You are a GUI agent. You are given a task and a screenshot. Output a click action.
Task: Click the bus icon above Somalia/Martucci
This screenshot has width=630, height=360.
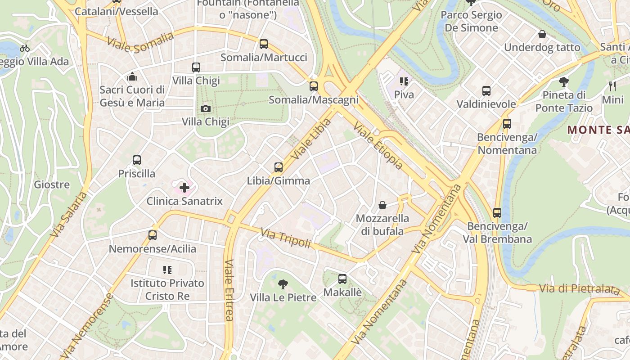click(264, 44)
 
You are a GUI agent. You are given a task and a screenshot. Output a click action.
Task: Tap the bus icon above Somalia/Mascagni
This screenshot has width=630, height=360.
click(314, 86)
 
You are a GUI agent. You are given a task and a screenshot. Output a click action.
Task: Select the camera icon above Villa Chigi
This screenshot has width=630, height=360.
click(205, 108)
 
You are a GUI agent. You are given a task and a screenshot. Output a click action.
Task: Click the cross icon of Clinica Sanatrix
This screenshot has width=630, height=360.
click(184, 187)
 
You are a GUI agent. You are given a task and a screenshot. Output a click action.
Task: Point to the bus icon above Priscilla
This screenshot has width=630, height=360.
click(137, 160)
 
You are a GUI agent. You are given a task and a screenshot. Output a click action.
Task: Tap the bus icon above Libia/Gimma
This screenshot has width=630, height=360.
click(279, 167)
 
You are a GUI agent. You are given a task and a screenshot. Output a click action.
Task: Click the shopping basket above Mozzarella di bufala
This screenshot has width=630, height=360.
click(382, 205)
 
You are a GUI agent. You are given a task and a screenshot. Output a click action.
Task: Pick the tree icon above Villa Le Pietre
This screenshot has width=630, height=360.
click(283, 284)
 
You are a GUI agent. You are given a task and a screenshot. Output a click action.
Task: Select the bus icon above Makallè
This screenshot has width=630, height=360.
click(342, 279)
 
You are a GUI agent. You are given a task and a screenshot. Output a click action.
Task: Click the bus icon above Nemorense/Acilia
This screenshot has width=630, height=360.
click(153, 235)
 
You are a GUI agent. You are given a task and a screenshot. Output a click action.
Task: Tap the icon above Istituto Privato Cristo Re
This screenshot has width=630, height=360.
click(167, 270)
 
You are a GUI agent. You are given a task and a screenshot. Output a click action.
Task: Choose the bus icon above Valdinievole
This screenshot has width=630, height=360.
click(486, 91)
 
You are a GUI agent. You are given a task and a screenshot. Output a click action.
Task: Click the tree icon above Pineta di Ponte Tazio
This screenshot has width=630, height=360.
click(563, 81)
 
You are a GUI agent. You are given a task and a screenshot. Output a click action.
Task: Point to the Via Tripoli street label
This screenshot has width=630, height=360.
click(286, 238)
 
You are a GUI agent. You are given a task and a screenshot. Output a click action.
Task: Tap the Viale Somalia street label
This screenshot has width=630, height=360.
click(140, 42)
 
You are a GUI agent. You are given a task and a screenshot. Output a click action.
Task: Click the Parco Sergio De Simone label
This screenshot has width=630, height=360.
click(471, 21)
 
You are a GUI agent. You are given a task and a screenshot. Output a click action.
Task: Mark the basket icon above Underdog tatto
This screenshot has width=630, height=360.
click(542, 34)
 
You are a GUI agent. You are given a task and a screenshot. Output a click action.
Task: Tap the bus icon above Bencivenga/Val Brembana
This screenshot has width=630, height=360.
click(497, 212)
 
